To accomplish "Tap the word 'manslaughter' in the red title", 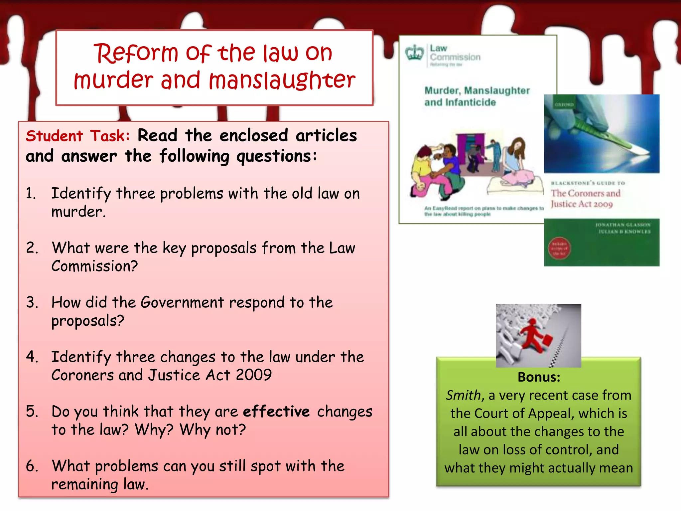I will pos(282,81).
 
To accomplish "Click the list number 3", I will pos(32,302).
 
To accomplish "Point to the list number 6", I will pos(32,466).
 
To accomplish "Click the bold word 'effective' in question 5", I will pos(276,412).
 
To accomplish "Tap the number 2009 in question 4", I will pos(254,375).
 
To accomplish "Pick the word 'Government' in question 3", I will pos(182,303).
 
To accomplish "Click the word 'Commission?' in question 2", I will pos(94,266).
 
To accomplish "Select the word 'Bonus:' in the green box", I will pos(539,377).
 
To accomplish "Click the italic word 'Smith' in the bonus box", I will pos(463,396).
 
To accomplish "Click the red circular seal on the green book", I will pos(559,249).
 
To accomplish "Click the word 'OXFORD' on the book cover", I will pos(564,104).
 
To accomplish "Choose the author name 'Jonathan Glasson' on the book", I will pos(623,225).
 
